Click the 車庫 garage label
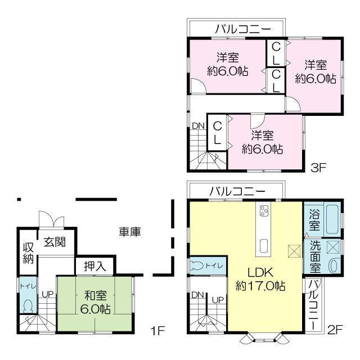tap(129, 231)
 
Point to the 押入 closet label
tap(95, 266)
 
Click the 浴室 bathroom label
tap(314, 219)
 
